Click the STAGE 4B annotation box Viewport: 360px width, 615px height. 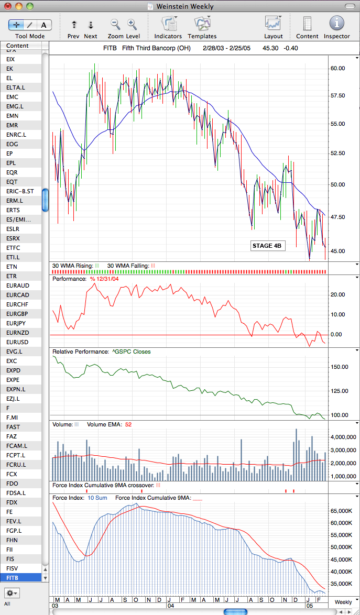click(268, 246)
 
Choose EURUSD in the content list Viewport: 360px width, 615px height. click(18, 342)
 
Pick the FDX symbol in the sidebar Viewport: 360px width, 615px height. click(12, 502)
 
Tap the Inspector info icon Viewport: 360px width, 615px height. click(337, 23)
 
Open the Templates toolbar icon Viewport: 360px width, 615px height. click(202, 24)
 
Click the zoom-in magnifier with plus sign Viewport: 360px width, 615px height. click(132, 24)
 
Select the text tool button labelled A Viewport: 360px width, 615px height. click(44, 25)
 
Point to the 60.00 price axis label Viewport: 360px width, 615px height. click(337, 68)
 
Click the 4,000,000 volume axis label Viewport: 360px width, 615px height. click(343, 437)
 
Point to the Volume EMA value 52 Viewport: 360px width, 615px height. click(128, 424)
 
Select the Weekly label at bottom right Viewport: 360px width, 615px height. click(343, 602)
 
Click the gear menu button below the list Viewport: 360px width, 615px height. click(12, 592)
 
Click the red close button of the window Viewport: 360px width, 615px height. click(8, 6)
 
